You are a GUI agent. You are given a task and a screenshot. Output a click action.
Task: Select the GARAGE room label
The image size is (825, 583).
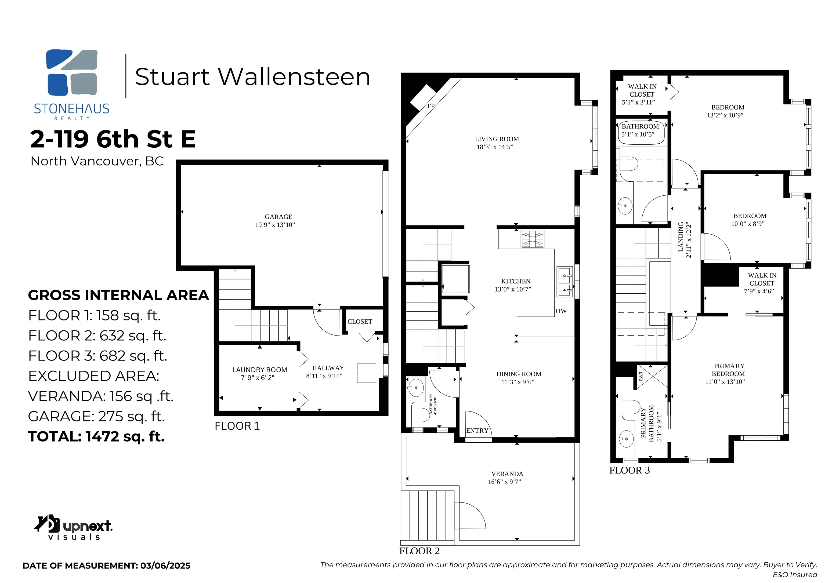click(278, 217)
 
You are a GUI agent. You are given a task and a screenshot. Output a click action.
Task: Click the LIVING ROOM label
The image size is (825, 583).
click(497, 139)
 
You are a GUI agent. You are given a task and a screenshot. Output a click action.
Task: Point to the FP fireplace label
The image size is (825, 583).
click(431, 106)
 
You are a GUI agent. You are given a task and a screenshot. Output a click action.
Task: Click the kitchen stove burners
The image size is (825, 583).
click(533, 239)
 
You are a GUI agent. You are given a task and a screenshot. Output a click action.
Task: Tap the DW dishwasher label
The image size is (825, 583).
click(561, 311)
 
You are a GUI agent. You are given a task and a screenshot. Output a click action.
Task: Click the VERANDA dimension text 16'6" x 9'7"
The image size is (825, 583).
click(505, 482)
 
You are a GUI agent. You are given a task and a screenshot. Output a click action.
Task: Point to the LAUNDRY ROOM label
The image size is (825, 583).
click(259, 370)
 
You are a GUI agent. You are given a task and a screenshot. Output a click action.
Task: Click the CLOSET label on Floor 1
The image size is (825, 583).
click(360, 322)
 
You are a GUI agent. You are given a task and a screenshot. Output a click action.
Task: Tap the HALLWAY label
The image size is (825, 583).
click(328, 368)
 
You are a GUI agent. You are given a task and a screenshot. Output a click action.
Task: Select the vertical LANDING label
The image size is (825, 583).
click(681, 237)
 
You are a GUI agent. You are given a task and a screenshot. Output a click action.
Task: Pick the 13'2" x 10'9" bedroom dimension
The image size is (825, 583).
click(725, 115)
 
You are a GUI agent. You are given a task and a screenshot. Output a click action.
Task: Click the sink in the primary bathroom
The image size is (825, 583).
click(625, 439)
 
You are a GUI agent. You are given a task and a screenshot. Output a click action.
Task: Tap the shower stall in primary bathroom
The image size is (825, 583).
click(652, 377)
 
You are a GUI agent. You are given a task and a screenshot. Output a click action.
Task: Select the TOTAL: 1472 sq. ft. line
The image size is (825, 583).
click(96, 437)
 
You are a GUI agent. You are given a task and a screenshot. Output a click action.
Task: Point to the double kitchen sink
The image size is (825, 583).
click(565, 282)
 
